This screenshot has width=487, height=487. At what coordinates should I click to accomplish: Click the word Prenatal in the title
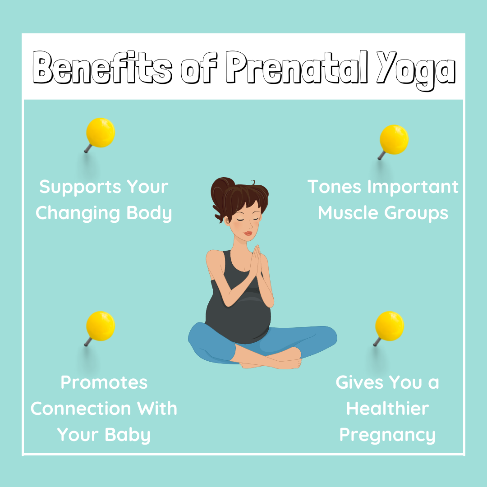point(297,67)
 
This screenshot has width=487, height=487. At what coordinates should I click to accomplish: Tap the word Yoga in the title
point(416,70)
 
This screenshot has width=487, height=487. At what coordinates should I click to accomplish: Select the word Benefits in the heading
point(102,67)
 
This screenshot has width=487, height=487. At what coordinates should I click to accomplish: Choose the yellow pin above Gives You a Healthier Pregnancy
point(389,328)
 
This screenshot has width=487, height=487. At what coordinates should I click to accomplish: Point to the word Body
point(149,213)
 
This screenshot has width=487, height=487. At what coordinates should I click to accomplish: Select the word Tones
point(335,187)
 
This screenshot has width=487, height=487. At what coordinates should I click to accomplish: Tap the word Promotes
point(104,382)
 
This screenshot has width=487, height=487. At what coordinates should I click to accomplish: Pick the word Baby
point(128,435)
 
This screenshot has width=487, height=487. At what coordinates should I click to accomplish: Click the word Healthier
point(388,409)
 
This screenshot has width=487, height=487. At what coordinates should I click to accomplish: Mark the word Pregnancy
point(387,435)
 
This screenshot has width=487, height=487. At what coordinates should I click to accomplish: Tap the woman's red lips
point(248,233)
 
